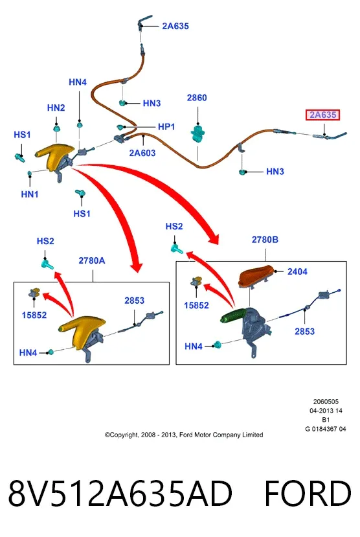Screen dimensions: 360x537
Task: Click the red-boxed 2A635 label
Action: pyautogui.click(x=322, y=115)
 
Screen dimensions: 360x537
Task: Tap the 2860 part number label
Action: pyautogui.click(x=197, y=98)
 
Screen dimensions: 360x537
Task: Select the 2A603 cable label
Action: pyautogui.click(x=142, y=153)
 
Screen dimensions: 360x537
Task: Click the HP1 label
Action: pyautogui.click(x=166, y=127)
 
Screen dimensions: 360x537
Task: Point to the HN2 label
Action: pyautogui.click(x=56, y=108)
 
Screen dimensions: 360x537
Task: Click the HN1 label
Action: pyautogui.click(x=30, y=194)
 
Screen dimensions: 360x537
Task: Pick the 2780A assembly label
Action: pyautogui.click(x=92, y=260)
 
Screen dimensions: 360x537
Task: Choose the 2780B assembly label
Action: pyautogui.click(x=265, y=240)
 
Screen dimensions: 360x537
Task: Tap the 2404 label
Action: pyautogui.click(x=297, y=271)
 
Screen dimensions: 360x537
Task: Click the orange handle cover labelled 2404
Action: pyautogui.click(x=255, y=276)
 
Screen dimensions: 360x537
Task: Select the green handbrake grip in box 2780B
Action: pyautogui.click(x=233, y=315)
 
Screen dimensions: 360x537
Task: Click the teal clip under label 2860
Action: pyautogui.click(x=197, y=133)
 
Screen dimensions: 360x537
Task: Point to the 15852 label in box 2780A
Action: pyautogui.click(x=34, y=315)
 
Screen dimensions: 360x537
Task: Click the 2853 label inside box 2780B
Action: pyautogui.click(x=304, y=332)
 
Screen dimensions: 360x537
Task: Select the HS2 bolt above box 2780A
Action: pyautogui.click(x=47, y=264)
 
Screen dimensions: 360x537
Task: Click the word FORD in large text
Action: pyautogui.click(x=308, y=494)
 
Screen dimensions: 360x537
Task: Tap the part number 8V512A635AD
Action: pyautogui.click(x=120, y=494)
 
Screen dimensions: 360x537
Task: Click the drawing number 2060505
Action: pyautogui.click(x=326, y=402)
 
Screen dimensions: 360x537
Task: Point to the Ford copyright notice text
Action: pyautogui.click(x=184, y=435)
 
